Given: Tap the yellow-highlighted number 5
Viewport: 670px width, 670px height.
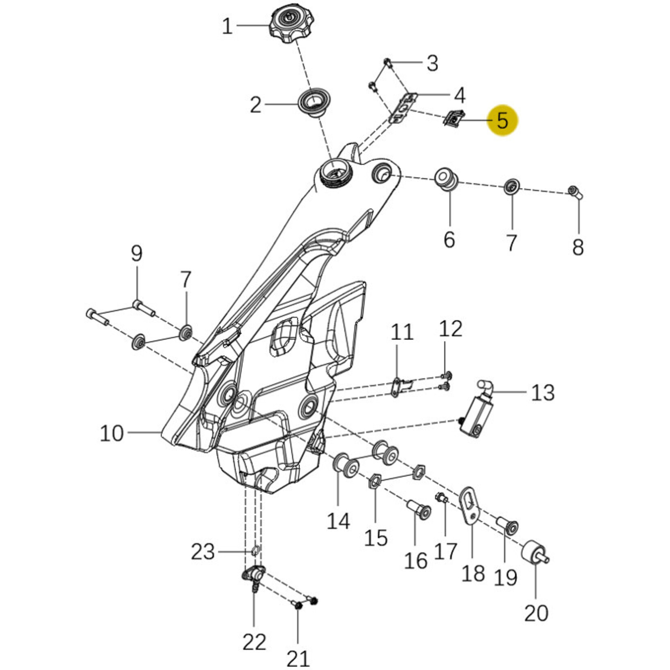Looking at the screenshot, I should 502,121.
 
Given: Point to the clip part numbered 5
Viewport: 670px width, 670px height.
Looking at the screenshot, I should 454,118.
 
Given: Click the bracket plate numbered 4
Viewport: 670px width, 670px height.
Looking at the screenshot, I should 403,107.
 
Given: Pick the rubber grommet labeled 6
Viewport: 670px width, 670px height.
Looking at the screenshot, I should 447,179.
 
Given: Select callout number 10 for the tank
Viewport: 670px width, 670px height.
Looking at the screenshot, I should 112,433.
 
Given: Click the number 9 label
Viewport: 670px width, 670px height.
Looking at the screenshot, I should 137,254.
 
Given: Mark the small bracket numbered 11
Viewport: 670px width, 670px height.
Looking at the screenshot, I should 397,387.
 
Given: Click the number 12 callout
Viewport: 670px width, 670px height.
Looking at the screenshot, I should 451,329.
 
